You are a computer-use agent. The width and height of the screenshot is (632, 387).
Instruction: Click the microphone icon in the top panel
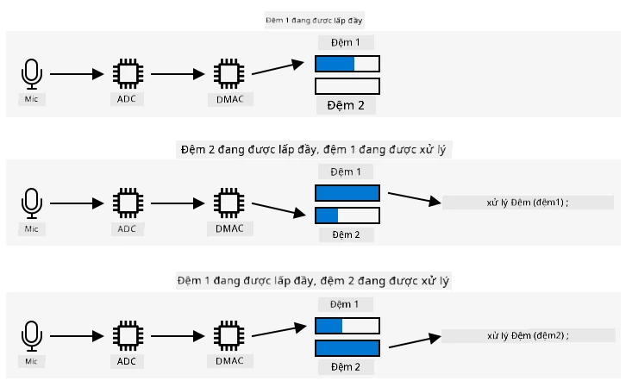pos(31,74)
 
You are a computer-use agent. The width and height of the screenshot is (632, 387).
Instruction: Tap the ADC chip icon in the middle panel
pos(128,203)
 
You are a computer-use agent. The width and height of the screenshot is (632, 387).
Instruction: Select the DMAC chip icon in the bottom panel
pos(229,336)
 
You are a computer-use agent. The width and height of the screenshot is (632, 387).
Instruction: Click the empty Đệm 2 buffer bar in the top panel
pos(347,86)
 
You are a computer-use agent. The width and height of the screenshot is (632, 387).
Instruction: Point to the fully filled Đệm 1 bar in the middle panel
pos(347,193)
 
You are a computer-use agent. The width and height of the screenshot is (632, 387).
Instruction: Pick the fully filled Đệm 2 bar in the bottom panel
pos(347,348)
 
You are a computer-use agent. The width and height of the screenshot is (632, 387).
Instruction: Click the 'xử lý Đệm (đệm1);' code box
pos(528,203)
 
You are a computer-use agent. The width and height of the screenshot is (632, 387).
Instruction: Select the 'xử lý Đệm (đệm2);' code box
pos(528,335)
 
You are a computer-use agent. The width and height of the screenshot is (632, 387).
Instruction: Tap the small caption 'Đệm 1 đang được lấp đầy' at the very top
pos(315,20)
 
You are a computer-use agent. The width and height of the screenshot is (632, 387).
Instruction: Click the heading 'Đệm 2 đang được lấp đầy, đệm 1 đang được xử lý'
pos(314,150)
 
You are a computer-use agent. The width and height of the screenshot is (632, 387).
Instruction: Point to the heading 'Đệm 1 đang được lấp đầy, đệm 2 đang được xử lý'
pos(314,281)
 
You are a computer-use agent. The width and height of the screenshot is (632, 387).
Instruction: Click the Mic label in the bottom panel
pos(31,361)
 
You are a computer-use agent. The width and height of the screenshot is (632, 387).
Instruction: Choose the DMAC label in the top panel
pos(230,99)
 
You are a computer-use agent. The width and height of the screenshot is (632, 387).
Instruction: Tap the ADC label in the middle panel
pos(127,228)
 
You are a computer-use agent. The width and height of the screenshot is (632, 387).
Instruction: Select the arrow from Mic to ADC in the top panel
pos(77,74)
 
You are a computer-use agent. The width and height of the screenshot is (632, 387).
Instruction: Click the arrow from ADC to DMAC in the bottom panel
pos(178,336)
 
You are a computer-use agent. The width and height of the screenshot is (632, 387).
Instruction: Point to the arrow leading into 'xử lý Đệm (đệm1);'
pos(415,198)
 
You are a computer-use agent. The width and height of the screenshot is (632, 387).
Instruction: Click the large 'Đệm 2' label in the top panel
pos(346,105)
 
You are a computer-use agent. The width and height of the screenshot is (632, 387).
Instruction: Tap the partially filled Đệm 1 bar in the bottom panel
pos(347,326)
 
